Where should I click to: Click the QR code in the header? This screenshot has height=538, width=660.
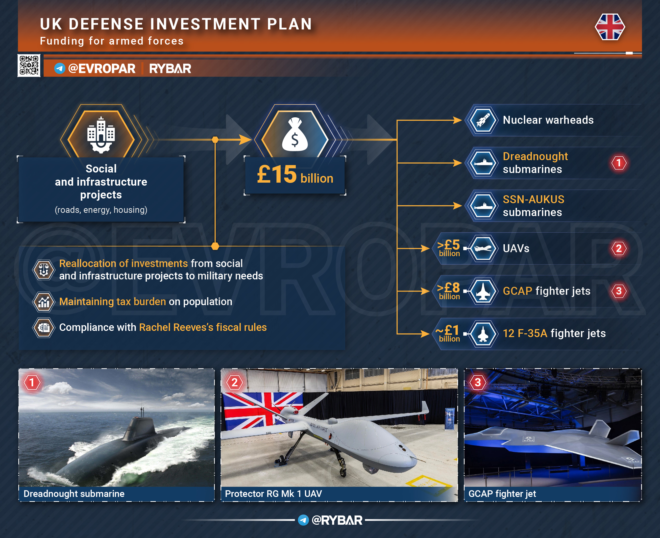[x=29, y=65]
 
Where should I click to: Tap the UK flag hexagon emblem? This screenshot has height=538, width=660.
[x=610, y=27]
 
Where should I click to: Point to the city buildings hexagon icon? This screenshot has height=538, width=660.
[x=101, y=135]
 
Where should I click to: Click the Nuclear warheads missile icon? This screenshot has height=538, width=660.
[x=483, y=120]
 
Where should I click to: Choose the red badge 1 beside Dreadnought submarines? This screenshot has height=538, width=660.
[x=619, y=163]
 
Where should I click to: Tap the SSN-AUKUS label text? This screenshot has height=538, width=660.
[x=533, y=199]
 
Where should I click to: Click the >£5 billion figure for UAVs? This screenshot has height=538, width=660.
[x=449, y=248]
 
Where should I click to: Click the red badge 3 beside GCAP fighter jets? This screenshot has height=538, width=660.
[x=619, y=291]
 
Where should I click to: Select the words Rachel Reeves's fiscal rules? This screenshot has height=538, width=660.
[x=203, y=327]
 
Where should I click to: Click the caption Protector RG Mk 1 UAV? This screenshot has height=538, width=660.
[x=273, y=494]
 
